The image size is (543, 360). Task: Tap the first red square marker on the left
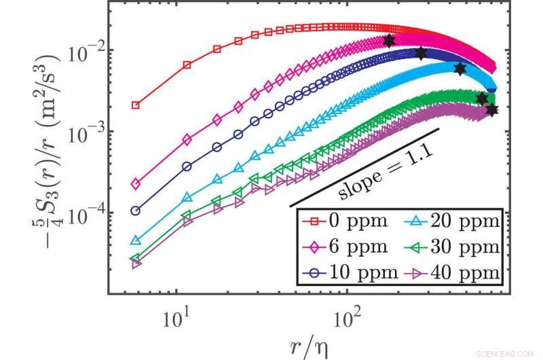pyautogui.click(x=136, y=105)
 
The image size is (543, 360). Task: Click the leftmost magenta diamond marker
pyautogui.click(x=136, y=184)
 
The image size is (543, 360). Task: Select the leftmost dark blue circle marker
pyautogui.click(x=136, y=211)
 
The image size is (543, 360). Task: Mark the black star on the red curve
pyautogui.click(x=389, y=41)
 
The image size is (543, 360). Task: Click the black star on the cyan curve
pyautogui.click(x=460, y=69)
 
